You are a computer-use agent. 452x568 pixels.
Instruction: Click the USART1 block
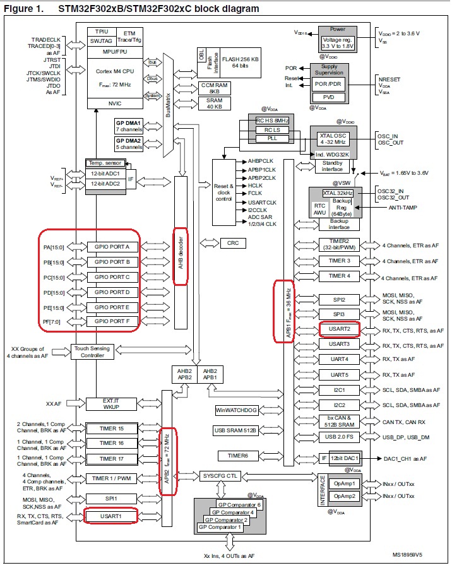point(110,517)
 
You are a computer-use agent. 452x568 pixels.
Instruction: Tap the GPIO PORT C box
point(112,277)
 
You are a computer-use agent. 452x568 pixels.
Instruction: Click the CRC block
point(232,243)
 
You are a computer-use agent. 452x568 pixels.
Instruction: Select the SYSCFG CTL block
point(220,475)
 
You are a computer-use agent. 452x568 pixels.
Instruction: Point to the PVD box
point(329,97)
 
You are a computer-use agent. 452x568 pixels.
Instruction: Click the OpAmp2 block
point(346,496)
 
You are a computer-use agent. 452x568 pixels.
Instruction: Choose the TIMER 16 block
point(111,443)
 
